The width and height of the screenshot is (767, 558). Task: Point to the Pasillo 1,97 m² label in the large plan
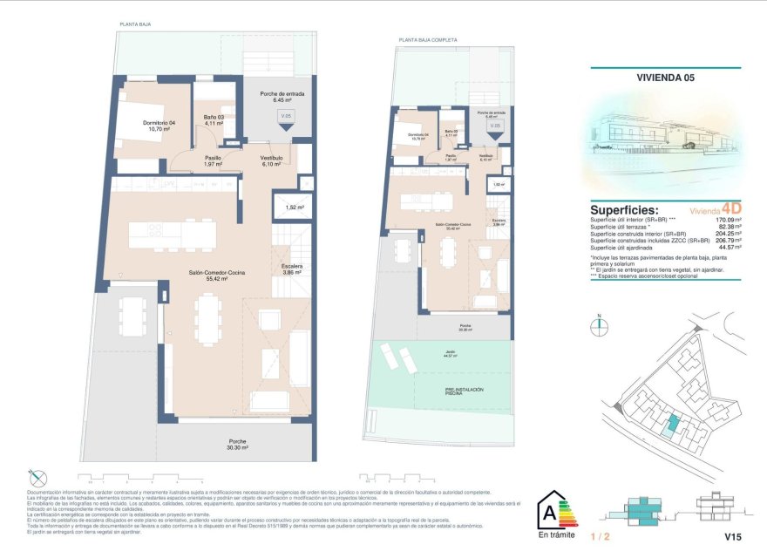point(214,161)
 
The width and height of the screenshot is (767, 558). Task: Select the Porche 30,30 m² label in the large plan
point(237,445)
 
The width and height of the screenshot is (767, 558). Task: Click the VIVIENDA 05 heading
point(665,78)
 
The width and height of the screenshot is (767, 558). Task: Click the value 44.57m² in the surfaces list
point(727,248)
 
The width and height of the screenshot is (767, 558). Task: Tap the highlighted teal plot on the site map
point(671,426)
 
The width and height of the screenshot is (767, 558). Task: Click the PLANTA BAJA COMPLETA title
point(424,39)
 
